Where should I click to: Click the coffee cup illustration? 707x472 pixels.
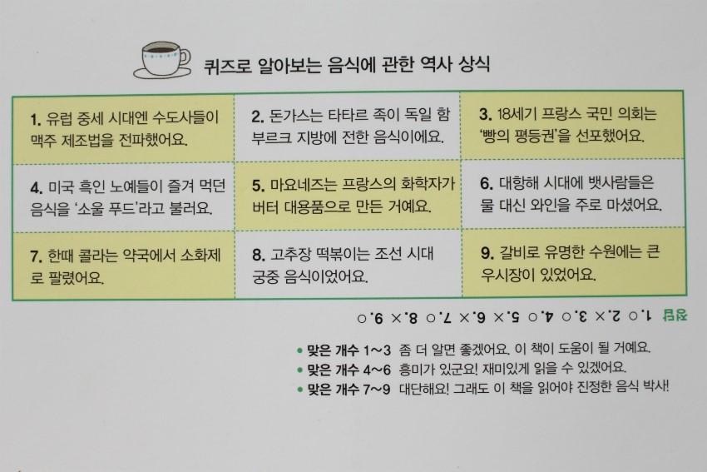162,60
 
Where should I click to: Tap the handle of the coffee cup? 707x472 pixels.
185,57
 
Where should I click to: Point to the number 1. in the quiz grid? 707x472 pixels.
35,119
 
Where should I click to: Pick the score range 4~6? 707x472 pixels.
377,370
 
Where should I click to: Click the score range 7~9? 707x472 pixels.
377,389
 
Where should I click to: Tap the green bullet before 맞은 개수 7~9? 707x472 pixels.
299,390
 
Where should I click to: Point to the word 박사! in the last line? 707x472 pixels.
655,386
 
